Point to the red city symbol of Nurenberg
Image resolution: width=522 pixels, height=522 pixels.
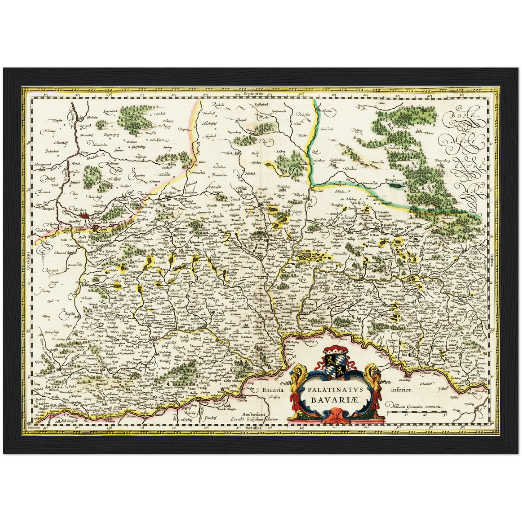pyautogui.click(x=86, y=216)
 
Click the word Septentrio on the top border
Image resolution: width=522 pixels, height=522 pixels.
pyautogui.click(x=253, y=94)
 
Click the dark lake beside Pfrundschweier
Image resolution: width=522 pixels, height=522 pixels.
pyautogui.click(x=395, y=186)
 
